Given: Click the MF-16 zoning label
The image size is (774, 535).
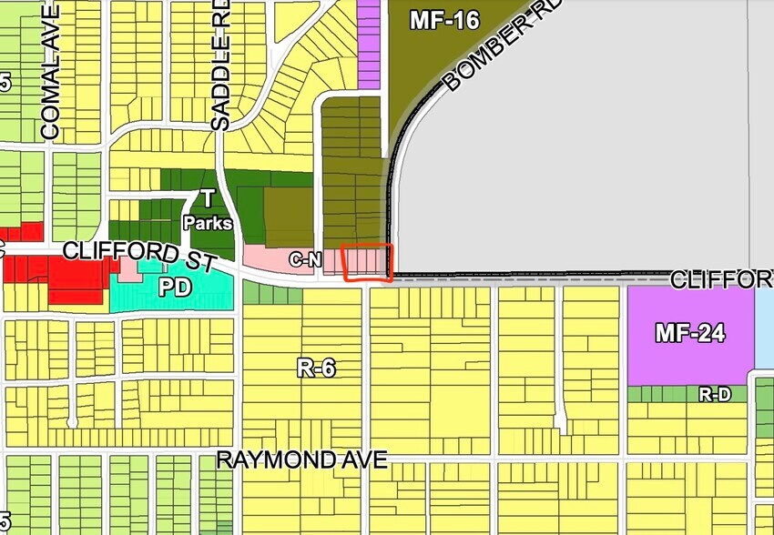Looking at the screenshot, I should (x=443, y=20).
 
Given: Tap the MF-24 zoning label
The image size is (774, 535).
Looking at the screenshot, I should (x=689, y=334).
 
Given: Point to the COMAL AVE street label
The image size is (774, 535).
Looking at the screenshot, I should (x=50, y=73).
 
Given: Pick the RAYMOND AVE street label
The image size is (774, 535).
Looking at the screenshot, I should (x=302, y=460).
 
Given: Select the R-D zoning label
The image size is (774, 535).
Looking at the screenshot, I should (x=714, y=395).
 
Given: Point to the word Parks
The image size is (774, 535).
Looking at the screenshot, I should (x=207, y=222).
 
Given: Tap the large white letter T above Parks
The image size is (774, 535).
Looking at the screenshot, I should (x=207, y=199).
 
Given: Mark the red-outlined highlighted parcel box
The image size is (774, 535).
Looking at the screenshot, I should (x=366, y=263).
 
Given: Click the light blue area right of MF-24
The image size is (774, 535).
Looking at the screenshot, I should (x=765, y=328).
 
